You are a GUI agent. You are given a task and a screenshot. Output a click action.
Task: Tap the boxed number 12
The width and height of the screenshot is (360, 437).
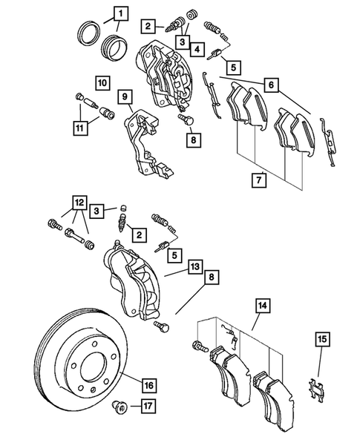(79, 200)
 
